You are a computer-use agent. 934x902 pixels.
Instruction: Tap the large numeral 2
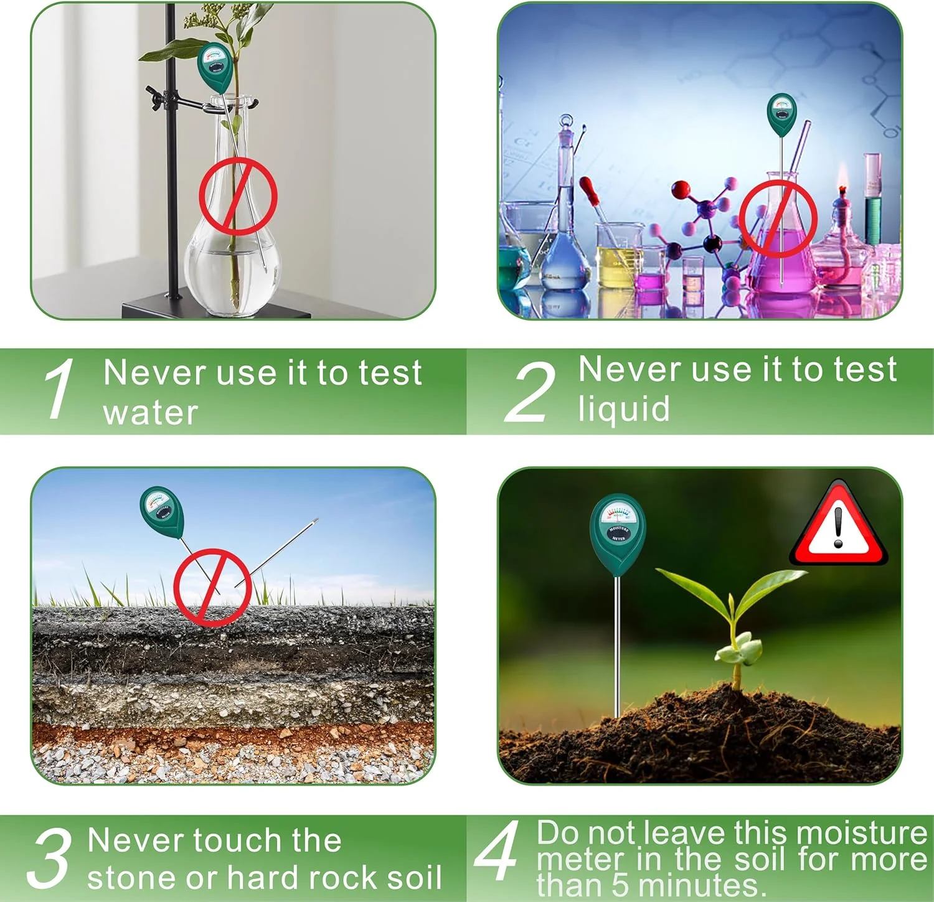click(x=531, y=391)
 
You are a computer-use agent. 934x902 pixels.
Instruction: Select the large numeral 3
click(x=48, y=858)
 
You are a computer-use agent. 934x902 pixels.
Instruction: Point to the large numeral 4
click(x=497, y=850)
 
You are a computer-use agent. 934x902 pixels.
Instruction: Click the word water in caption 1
click(x=151, y=413)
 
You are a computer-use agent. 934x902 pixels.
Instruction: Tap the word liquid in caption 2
click(x=624, y=408)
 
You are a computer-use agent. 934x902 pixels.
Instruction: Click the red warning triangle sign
click(x=838, y=523)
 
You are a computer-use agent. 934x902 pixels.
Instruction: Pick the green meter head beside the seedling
click(x=617, y=535)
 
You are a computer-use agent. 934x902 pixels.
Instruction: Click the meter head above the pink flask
click(x=781, y=115)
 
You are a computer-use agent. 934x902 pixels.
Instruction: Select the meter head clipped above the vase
click(x=215, y=68)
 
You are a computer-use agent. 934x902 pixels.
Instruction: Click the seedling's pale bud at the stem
click(x=739, y=651)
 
